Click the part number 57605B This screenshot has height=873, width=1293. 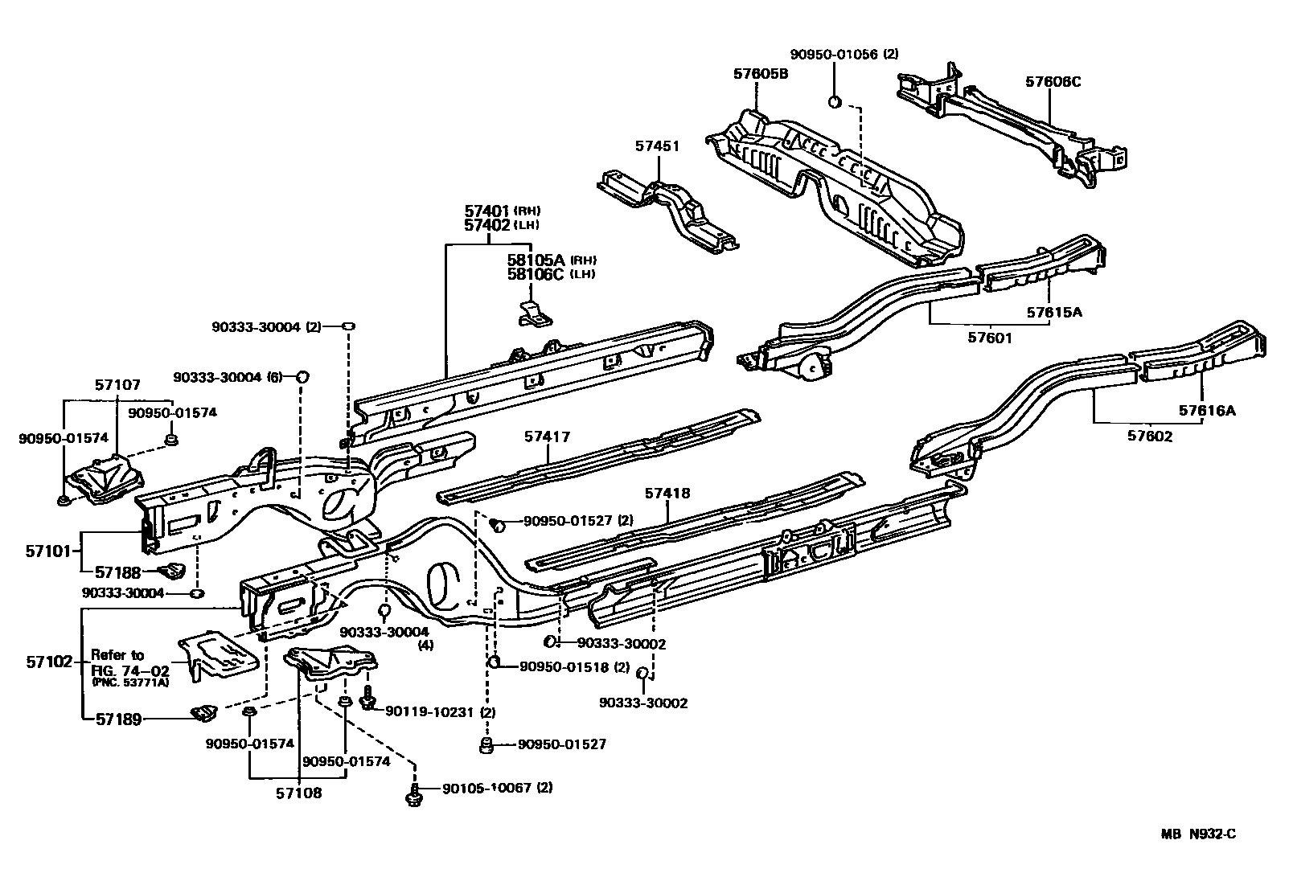click(x=760, y=73)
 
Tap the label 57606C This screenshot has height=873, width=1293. click(x=1053, y=81)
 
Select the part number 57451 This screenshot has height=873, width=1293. click(x=657, y=146)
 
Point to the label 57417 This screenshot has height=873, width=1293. click(x=547, y=437)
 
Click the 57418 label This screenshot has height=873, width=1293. click(x=667, y=493)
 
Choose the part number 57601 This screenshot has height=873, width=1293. click(x=990, y=338)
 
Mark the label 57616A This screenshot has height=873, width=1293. click(x=1207, y=411)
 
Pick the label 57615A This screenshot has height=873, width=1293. click(x=1053, y=312)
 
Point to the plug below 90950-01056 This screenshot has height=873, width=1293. click(x=835, y=102)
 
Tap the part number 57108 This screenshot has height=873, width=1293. click(x=299, y=793)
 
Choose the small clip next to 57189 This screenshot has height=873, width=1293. click(x=202, y=711)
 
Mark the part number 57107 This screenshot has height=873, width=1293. click(x=117, y=386)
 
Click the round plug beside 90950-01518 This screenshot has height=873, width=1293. click(x=495, y=662)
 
